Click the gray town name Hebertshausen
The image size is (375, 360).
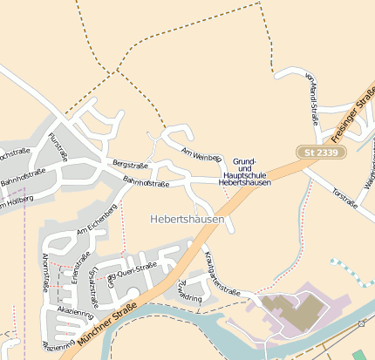click(187, 221)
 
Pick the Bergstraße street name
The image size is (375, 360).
click(131, 165)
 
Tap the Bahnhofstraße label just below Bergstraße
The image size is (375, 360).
click(146, 182)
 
